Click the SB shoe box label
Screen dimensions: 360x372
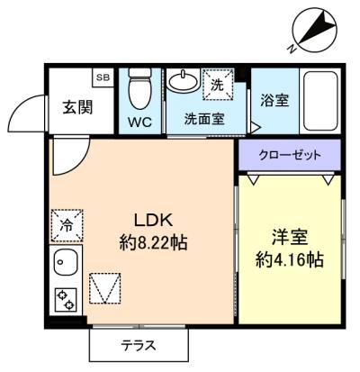pyautogui.click(x=103, y=77)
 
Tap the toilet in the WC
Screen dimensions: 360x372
pyautogui.click(x=139, y=88)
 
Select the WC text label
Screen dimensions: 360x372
pyautogui.click(x=139, y=122)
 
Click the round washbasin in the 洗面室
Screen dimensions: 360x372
pyautogui.click(x=183, y=79)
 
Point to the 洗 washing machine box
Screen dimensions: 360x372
pyautogui.click(x=218, y=85)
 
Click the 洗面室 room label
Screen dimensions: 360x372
pyautogui.click(x=204, y=119)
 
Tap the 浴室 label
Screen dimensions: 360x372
pyautogui.click(x=274, y=100)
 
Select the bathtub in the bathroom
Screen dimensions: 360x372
pyautogui.click(x=320, y=101)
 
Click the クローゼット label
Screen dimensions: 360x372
pyautogui.click(x=290, y=155)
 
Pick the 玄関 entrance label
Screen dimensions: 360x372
pyautogui.click(x=77, y=107)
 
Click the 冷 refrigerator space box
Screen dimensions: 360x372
pyautogui.click(x=67, y=225)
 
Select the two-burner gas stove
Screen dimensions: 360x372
pyautogui.click(x=66, y=301)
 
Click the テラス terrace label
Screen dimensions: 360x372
pyautogui.click(x=139, y=346)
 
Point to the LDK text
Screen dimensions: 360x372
pyautogui.click(x=153, y=221)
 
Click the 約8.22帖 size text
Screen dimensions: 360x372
pyautogui.click(x=153, y=242)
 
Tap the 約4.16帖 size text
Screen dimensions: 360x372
pyautogui.click(x=290, y=260)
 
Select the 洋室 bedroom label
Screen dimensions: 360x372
pyautogui.click(x=290, y=238)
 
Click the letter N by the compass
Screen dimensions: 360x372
pyautogui.click(x=292, y=49)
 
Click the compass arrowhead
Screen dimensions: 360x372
pyautogui.click(x=327, y=22)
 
